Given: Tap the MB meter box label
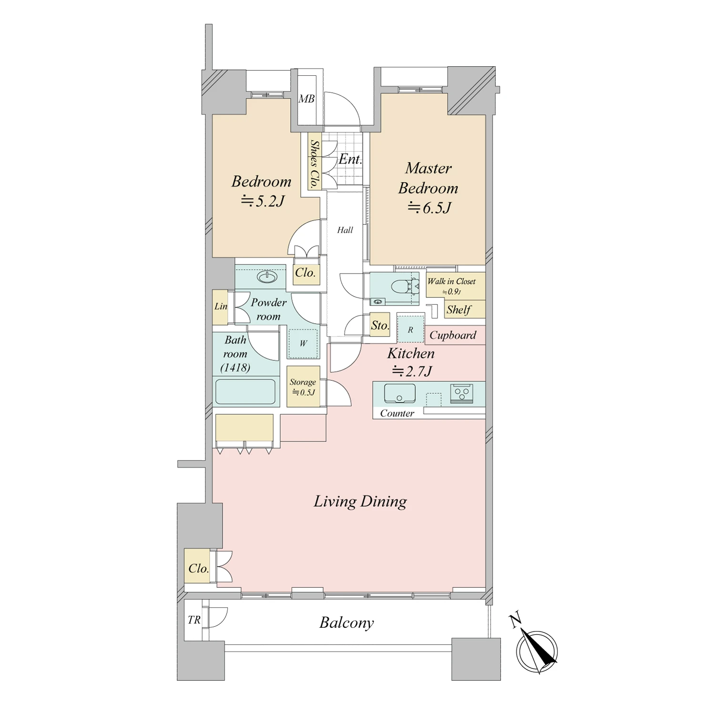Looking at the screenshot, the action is [306, 99].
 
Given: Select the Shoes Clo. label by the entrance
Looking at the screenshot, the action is [314, 163].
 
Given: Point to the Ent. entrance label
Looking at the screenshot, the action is [350, 159].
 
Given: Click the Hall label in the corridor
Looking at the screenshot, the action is [345, 230].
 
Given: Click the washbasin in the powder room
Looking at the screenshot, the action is [267, 276].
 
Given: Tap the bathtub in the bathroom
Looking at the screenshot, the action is [245, 392].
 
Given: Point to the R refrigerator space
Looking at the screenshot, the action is [410, 329].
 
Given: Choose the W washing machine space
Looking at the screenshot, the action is [303, 343].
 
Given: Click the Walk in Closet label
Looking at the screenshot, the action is [451, 281].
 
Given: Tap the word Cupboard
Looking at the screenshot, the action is [453, 335].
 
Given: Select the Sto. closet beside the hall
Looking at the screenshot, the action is [380, 325].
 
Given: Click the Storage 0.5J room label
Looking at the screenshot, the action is [303, 387].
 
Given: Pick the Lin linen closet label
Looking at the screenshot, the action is [221, 306].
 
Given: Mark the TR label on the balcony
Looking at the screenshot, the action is [194, 620].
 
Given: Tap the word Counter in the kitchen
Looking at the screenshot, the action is [397, 413].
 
